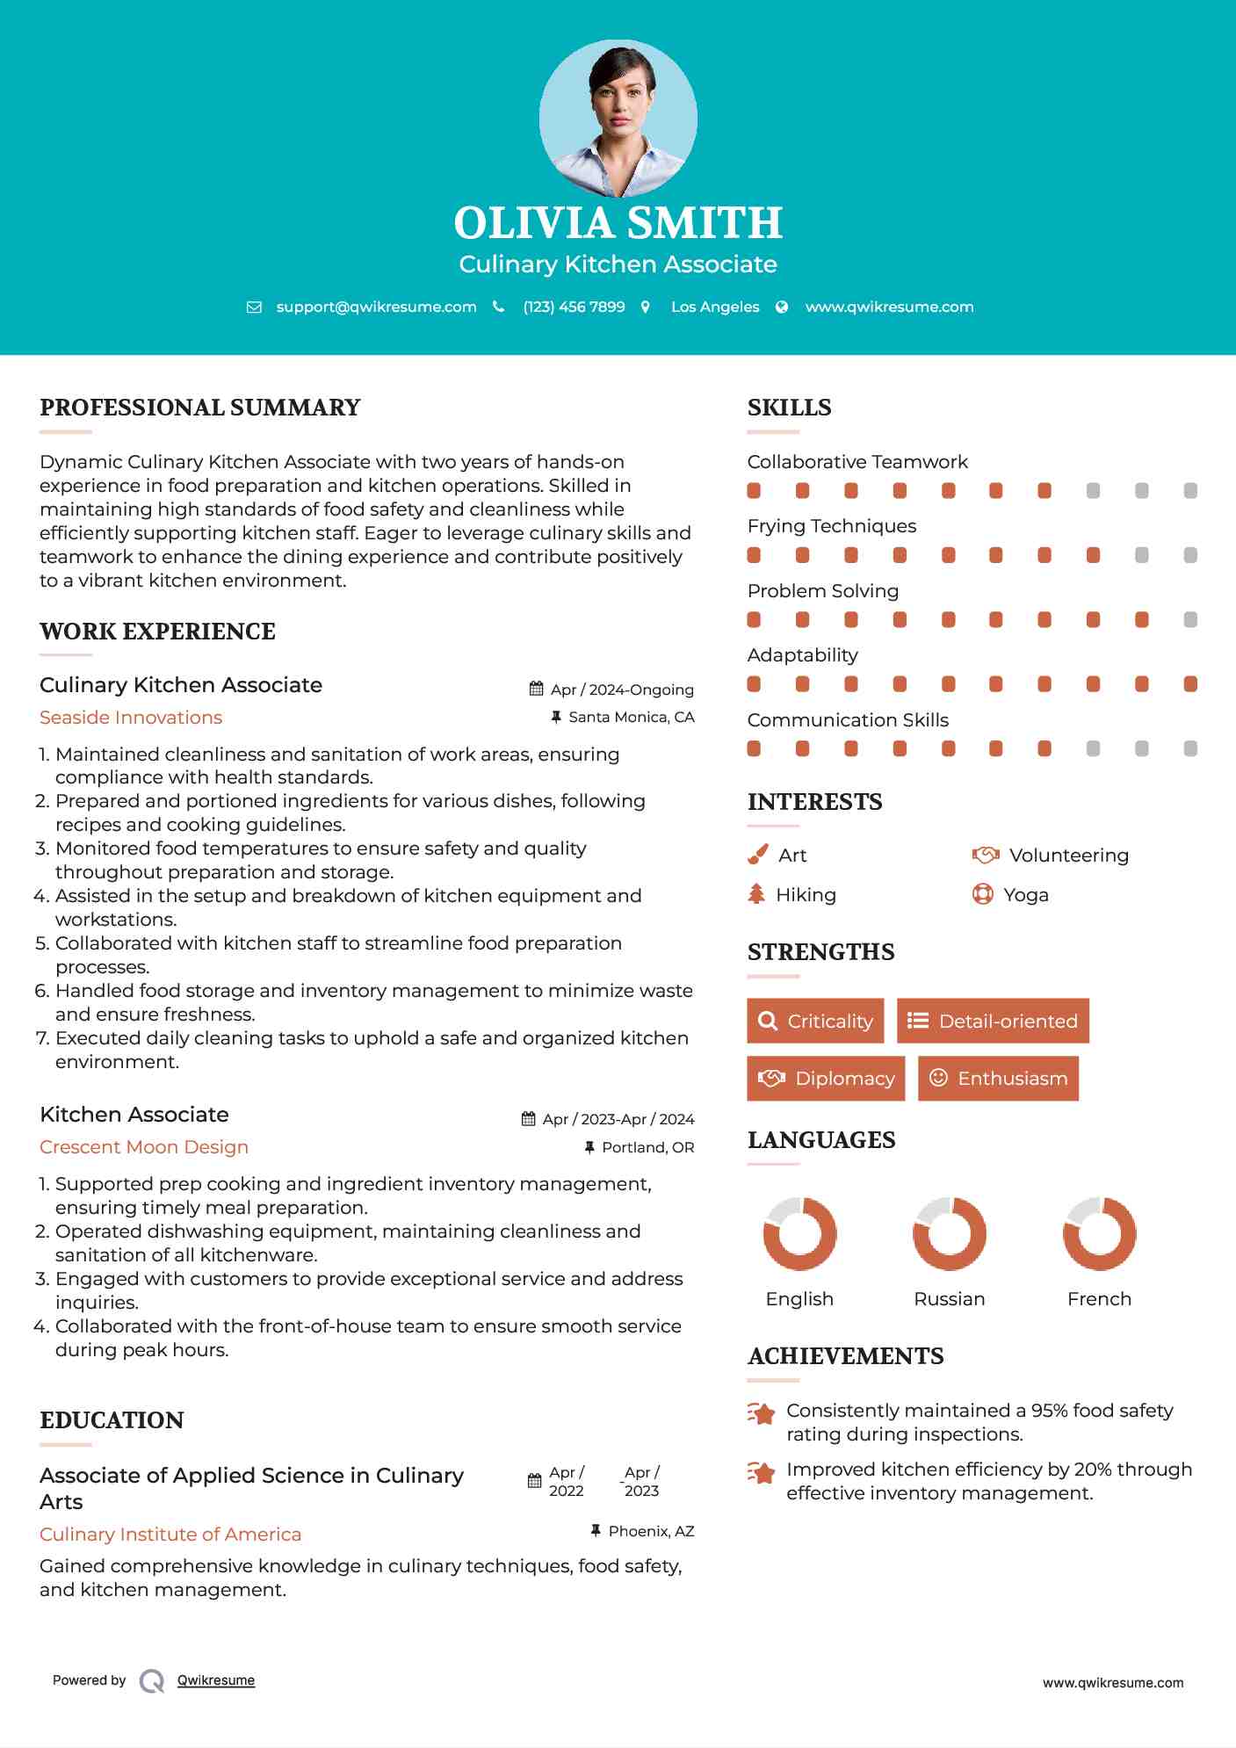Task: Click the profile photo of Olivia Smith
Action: tap(618, 118)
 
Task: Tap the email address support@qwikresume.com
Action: tap(376, 307)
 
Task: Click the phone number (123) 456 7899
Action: tap(574, 307)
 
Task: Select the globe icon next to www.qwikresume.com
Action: tap(782, 307)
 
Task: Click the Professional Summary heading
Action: tap(200, 408)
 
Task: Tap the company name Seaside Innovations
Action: tap(131, 718)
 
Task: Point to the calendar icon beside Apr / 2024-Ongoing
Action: tap(536, 689)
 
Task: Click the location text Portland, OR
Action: tap(647, 1147)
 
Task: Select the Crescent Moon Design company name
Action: tap(144, 1147)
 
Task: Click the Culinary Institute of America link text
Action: tap(170, 1535)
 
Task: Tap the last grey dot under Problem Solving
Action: tap(1190, 620)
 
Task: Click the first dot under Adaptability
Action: tap(754, 684)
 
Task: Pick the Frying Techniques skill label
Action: tap(831, 526)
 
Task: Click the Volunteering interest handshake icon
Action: tap(986, 855)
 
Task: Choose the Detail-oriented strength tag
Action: tap(993, 1021)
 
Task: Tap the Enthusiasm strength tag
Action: tap(998, 1078)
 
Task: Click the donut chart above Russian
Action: tap(949, 1233)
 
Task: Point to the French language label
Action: tap(1099, 1299)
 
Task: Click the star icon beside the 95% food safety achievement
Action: tap(761, 1413)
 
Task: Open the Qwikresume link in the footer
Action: tap(216, 1680)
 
